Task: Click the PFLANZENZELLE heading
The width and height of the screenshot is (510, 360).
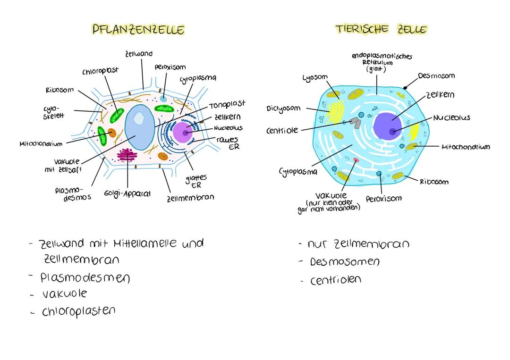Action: [138, 29]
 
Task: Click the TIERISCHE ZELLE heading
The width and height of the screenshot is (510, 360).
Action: [381, 29]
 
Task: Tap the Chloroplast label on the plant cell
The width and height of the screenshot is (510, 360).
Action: [101, 71]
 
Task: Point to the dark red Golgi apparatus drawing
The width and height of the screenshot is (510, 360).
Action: [127, 155]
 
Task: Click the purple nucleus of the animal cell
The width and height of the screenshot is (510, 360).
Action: [390, 126]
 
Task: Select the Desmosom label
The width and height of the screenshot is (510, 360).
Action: [436, 75]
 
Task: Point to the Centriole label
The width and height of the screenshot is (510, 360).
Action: [282, 130]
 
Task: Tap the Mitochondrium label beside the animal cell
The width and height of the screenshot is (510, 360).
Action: [465, 147]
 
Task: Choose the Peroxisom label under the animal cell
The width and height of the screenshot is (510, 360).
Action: [383, 199]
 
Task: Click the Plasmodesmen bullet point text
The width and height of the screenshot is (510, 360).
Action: [85, 277]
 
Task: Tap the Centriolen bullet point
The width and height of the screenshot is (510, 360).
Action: [335, 280]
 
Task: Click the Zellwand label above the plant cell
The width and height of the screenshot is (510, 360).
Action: [139, 55]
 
